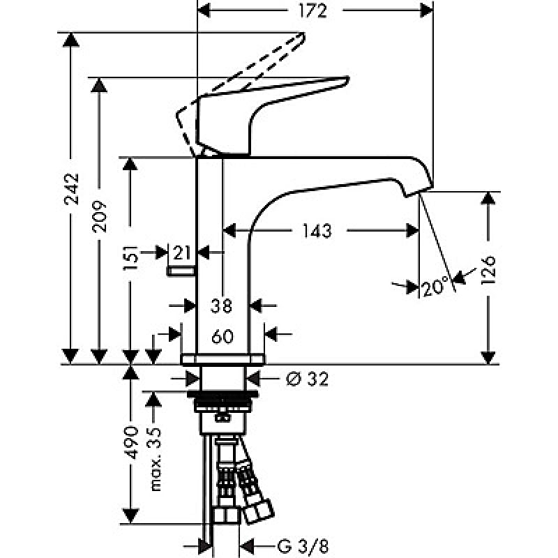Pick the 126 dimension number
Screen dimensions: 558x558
tap(488, 270)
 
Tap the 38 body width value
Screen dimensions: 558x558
tap(221, 305)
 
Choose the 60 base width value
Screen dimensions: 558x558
tap(221, 336)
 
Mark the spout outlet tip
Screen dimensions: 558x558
tap(418, 190)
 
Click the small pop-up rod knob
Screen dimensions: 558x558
tap(181, 270)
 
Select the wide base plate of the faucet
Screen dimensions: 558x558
tap(223, 359)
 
